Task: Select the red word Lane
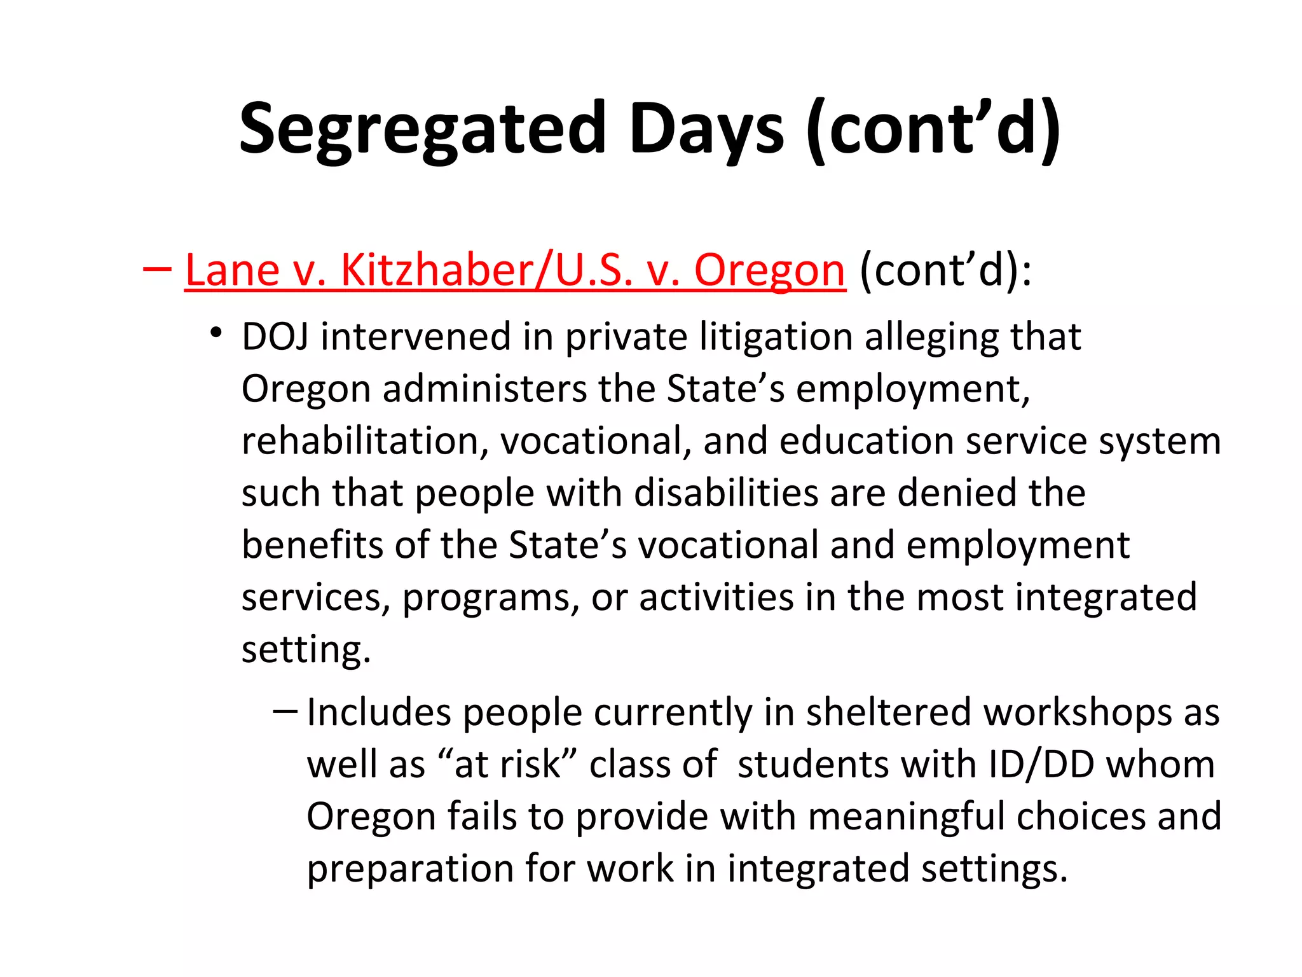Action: tap(232, 270)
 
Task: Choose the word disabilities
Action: tap(726, 493)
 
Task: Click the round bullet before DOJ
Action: tap(217, 333)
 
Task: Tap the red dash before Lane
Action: tap(157, 269)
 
